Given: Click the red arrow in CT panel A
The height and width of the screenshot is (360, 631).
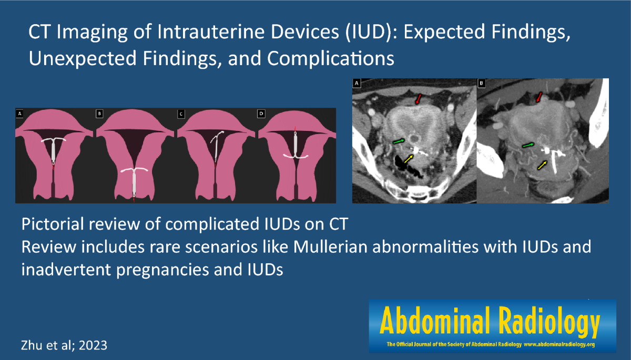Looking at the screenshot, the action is click(x=419, y=99).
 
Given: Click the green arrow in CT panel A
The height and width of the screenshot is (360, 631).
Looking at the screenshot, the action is click(x=399, y=141).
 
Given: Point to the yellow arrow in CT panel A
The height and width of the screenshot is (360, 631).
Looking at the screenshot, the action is click(x=409, y=159).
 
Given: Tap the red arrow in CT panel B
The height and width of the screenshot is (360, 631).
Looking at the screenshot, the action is click(x=539, y=97).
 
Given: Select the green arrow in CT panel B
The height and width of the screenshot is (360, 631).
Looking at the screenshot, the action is click(x=528, y=145).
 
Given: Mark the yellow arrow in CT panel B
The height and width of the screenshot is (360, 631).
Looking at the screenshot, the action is click(x=542, y=165).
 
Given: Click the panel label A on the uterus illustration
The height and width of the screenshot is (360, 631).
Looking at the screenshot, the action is click(x=19, y=114).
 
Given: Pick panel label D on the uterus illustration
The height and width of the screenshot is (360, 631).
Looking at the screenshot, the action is click(x=261, y=114).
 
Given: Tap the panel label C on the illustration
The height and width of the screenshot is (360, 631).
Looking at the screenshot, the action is click(x=181, y=114).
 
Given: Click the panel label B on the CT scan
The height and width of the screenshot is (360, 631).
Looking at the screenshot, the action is click(x=481, y=84).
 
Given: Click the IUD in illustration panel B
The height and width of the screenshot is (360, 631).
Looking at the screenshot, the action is click(x=134, y=183).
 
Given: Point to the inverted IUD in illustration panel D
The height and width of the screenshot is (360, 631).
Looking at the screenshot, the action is click(x=296, y=146).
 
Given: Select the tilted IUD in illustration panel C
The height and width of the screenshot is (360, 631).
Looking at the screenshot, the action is click(x=216, y=146).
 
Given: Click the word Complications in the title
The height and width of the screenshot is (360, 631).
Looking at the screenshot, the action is click(x=331, y=59).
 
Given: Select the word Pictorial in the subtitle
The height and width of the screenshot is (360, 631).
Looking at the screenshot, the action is click(x=53, y=224).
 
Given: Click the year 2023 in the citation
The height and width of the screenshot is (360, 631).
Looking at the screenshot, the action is click(x=93, y=345).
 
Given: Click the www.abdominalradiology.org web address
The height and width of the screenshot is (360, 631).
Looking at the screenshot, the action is click(x=559, y=344).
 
